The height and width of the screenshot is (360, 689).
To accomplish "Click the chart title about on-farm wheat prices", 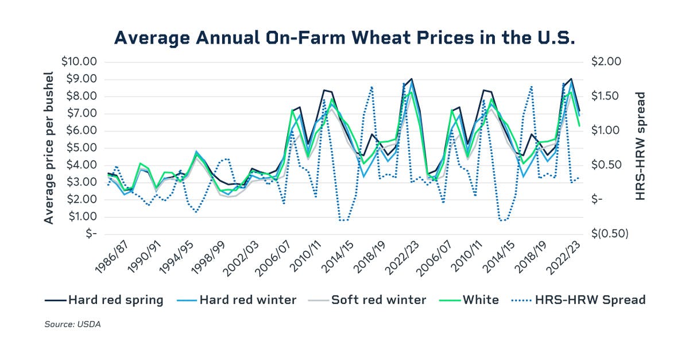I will click(344, 37).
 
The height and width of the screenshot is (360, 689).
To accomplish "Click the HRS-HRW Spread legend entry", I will click(580, 300).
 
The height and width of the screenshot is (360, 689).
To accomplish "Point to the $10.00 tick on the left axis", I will click(79, 61).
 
